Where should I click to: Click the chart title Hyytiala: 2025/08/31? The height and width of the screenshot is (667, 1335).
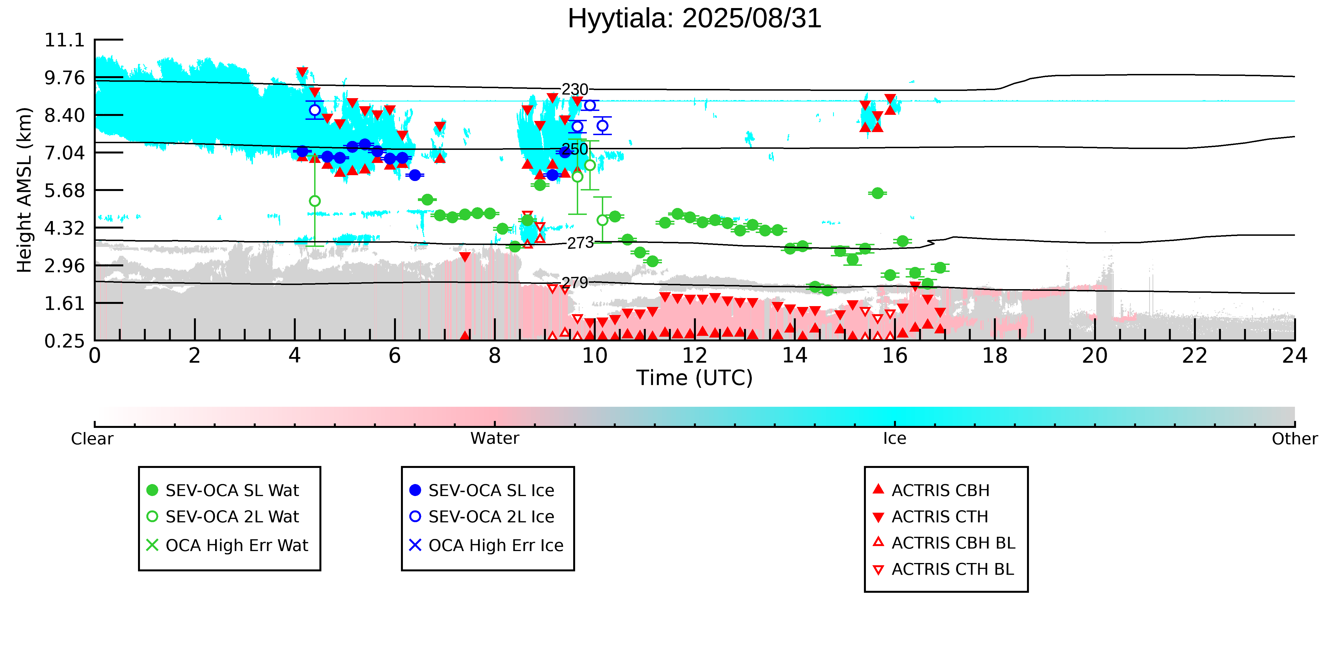694,19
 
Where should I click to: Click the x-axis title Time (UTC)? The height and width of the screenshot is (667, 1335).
694,378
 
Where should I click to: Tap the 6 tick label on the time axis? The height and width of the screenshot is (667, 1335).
395,356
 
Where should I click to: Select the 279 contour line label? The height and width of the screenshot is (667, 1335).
575,283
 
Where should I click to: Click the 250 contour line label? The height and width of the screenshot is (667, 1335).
575,149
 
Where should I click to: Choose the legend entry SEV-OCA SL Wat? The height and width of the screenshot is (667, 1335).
223,490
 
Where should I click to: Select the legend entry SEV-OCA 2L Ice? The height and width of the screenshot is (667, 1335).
481,517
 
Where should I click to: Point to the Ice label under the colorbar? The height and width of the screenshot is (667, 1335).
895,439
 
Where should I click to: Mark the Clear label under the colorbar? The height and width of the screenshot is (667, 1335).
92,439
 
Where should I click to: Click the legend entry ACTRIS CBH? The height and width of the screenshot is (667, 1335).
931,490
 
